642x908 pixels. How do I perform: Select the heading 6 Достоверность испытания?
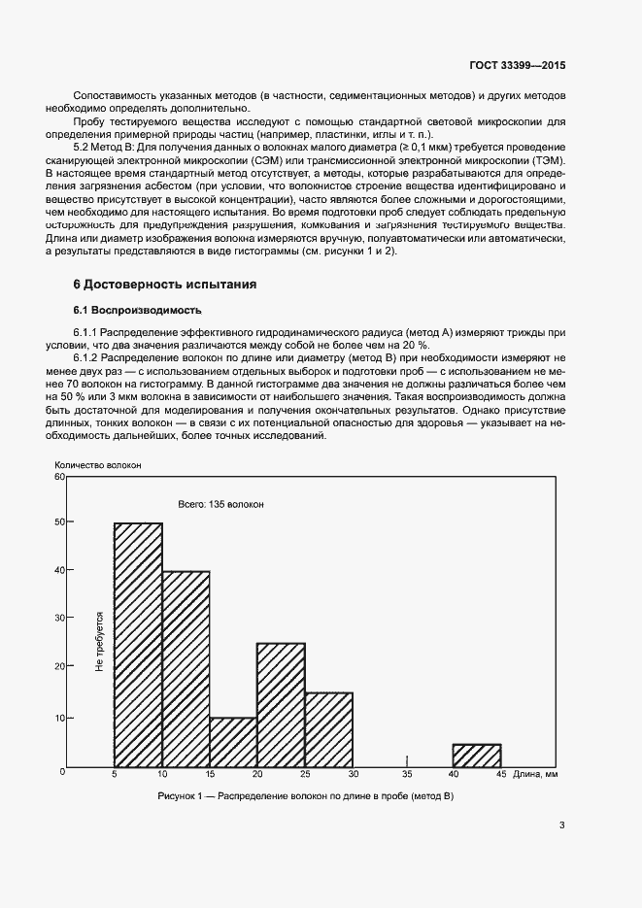[164, 285]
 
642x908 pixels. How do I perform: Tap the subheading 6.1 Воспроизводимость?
[138, 311]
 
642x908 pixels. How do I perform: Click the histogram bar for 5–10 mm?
[138, 646]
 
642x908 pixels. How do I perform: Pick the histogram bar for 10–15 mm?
[186, 670]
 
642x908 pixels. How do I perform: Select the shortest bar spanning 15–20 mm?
[233, 744]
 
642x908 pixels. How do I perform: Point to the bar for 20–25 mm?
[281, 706]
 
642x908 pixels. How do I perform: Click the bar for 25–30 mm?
[328, 731]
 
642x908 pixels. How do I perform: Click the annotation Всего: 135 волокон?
[220, 505]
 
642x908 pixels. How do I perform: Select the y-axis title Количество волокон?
[98, 465]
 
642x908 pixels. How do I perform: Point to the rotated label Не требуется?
[99, 643]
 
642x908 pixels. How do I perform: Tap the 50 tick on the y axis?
[59, 521]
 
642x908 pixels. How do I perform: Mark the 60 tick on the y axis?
[59, 477]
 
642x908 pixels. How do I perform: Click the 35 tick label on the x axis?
[407, 775]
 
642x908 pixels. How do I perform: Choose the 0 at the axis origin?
[62, 771]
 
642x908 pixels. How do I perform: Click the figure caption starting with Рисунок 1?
[306, 796]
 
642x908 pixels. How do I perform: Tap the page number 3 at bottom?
[561, 825]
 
